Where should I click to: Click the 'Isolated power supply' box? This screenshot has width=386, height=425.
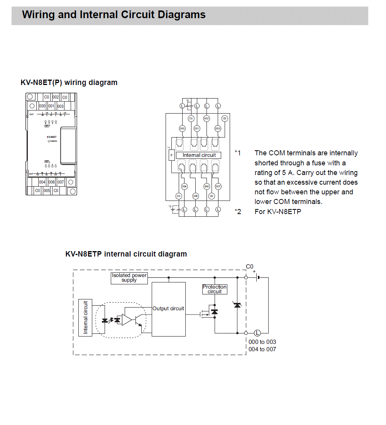(x=129, y=278)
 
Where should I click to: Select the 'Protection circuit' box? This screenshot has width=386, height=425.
(x=215, y=289)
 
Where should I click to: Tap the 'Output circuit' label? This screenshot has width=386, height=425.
(x=168, y=309)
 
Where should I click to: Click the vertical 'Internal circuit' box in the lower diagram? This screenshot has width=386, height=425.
(x=85, y=317)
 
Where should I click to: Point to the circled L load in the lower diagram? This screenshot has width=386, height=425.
(x=257, y=333)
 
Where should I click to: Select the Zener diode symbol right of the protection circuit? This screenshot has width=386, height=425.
(x=237, y=305)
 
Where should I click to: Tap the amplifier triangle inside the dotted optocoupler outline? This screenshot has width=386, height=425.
(x=127, y=320)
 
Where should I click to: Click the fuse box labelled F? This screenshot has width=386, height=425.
(x=172, y=156)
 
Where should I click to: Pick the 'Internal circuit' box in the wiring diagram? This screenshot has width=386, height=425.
(x=199, y=155)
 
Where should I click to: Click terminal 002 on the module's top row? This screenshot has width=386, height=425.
(x=56, y=97)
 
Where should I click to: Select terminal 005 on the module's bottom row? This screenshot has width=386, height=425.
(x=47, y=190)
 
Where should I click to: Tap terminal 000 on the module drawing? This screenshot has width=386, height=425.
(x=42, y=106)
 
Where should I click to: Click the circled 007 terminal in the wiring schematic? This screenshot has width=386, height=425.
(x=218, y=187)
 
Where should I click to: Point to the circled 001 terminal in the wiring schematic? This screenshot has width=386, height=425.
(x=196, y=128)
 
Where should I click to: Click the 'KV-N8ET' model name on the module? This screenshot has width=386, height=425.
(x=52, y=137)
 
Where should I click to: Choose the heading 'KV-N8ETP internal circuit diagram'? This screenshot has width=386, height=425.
(x=126, y=254)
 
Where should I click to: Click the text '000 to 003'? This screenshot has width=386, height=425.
(x=262, y=342)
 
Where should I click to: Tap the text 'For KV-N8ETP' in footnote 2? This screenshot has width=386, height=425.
(x=278, y=212)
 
